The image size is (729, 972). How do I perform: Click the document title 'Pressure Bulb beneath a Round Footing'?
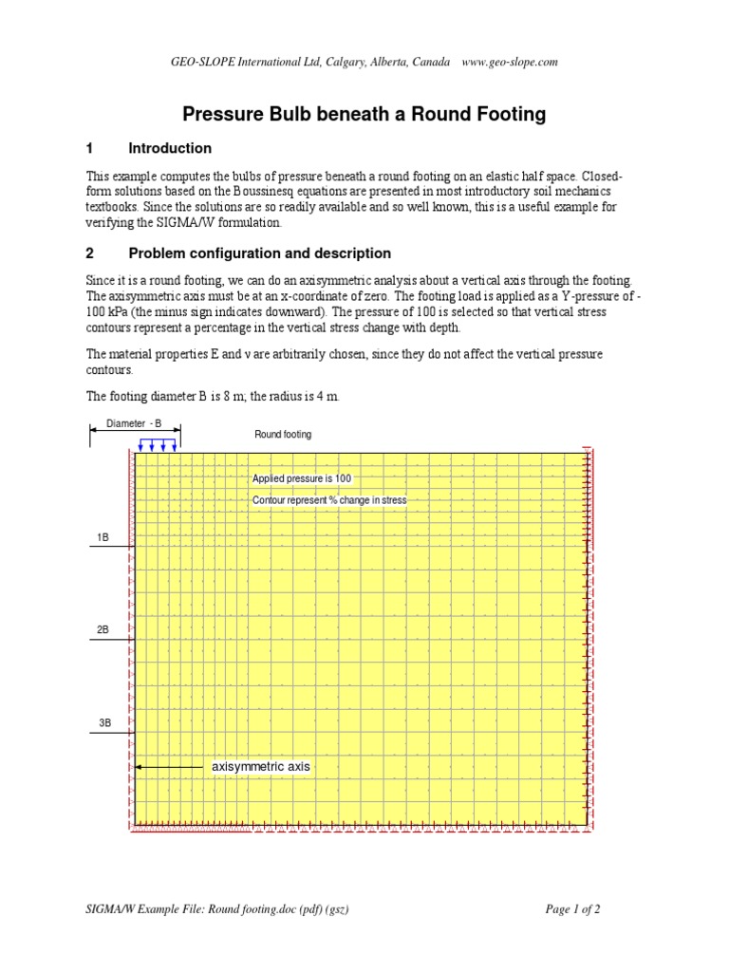pos(364,115)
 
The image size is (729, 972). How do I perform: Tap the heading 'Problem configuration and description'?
pos(258,253)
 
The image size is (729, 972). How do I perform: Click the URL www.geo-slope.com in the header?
pos(509,63)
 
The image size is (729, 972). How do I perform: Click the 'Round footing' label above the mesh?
pos(282,435)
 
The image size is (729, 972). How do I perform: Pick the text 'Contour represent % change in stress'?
pos(328,500)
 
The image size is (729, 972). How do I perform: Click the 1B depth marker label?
pos(103,538)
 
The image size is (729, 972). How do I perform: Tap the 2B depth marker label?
pos(103,629)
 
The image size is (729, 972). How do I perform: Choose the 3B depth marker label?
pos(103,723)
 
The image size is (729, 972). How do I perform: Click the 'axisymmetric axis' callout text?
pos(260,766)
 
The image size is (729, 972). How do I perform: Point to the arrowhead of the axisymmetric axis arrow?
pos(140,766)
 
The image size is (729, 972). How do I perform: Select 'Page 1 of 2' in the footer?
pos(572,909)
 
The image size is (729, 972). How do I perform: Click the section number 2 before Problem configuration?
pos(90,253)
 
